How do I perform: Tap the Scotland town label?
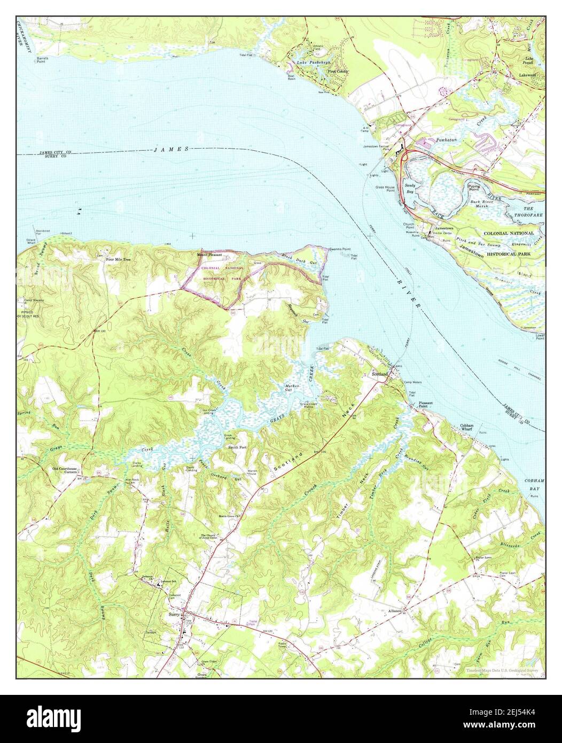click(x=379, y=375)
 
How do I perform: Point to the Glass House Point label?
click(x=385, y=189)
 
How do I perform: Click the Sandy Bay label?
click(x=410, y=188)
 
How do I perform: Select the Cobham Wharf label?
click(x=467, y=428)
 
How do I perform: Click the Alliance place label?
click(x=395, y=610)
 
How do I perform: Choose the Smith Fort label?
click(x=238, y=446)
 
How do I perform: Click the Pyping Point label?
click(x=474, y=187)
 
